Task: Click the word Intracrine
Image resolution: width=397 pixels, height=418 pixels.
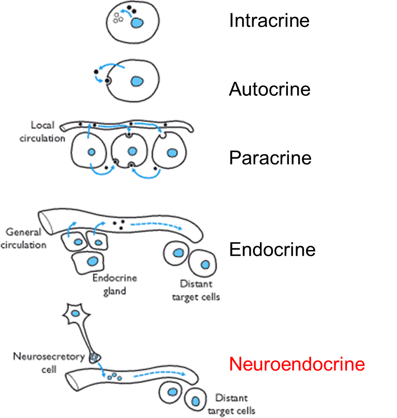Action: pyautogui.click(x=269, y=20)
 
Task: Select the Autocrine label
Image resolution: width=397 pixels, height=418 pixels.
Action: pyautogui.click(x=270, y=89)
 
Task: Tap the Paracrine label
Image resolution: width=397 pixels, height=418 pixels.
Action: pyautogui.click(x=270, y=158)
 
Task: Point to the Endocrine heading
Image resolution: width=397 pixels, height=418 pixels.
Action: pyautogui.click(x=272, y=249)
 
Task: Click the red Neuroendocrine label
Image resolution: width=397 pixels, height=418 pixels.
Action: pyautogui.click(x=297, y=364)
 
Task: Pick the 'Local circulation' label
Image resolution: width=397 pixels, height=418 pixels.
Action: pyautogui.click(x=47, y=131)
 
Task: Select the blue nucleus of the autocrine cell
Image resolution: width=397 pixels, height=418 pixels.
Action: pyautogui.click(x=136, y=81)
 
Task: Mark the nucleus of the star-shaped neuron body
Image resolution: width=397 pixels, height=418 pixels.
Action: pyautogui.click(x=75, y=315)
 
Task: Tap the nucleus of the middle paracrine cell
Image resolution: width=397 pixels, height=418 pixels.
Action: pyautogui.click(x=133, y=151)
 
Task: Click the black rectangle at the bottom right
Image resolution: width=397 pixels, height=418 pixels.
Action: pyautogui.click(x=335, y=400)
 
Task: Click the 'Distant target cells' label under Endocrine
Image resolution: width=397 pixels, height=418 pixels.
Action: pyautogui.click(x=200, y=290)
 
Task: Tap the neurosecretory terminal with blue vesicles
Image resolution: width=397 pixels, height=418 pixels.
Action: pyautogui.click(x=95, y=358)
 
